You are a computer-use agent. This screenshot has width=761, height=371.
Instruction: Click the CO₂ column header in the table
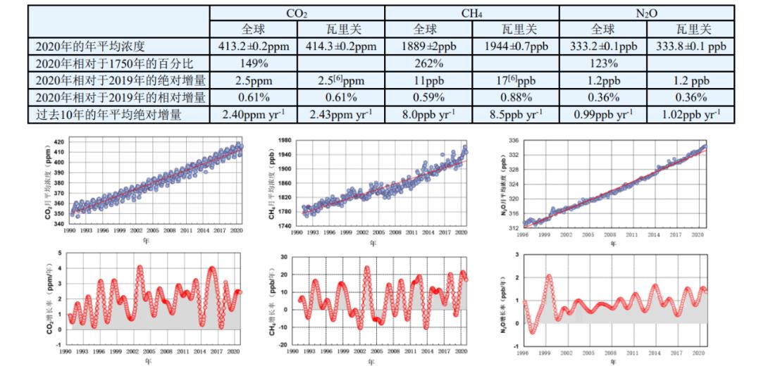point(297,13)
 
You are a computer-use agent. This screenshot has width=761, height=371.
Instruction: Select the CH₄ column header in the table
point(471,13)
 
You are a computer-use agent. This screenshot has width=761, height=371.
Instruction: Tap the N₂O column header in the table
point(646,13)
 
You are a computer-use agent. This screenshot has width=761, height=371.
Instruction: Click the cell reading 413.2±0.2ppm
point(253,46)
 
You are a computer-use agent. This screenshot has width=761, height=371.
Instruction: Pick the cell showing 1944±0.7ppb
point(515,46)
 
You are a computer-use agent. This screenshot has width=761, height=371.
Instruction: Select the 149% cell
point(253,63)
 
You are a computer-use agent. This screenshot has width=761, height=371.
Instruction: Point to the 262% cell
point(428,63)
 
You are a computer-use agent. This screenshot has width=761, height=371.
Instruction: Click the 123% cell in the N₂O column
point(602,63)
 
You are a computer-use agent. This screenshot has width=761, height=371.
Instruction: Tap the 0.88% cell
point(515,96)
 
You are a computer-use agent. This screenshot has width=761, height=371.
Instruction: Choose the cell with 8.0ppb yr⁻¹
point(428,113)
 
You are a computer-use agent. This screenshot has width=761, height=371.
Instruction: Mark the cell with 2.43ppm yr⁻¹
point(340,113)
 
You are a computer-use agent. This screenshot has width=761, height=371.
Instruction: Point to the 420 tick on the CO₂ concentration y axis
point(58,142)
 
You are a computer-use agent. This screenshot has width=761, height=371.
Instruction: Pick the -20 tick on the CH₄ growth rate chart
point(283,345)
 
